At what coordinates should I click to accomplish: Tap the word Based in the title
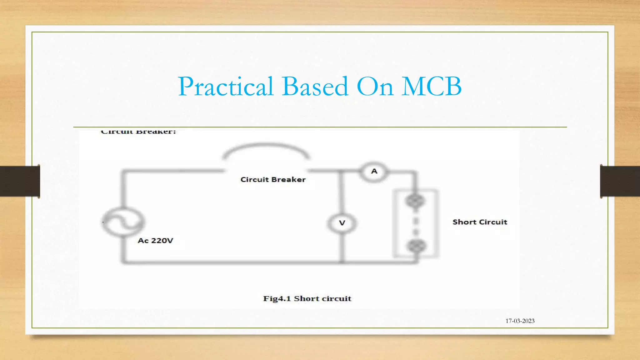tap(315, 87)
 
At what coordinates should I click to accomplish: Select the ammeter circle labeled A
tap(374, 171)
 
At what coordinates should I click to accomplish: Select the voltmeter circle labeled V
tap(342, 223)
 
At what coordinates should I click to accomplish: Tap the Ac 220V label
tap(155, 241)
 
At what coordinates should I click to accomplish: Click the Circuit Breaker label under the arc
tap(273, 180)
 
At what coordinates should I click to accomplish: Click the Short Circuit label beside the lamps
tap(480, 222)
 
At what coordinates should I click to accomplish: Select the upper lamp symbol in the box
tap(415, 201)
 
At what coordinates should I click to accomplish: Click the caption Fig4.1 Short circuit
tap(307, 299)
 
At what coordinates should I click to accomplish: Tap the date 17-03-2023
tap(520, 321)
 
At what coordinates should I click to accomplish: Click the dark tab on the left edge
tap(20, 181)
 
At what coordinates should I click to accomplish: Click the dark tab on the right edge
tap(620, 181)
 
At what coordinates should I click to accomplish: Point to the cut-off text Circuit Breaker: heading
tap(138, 132)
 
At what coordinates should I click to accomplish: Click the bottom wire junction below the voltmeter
tap(342, 262)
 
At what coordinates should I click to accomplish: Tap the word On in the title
tap(375, 87)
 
